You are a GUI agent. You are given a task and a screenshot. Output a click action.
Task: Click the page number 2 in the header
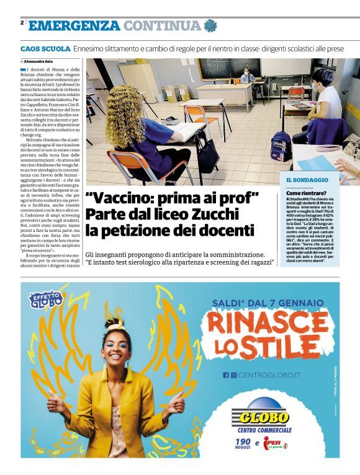(x=22, y=23)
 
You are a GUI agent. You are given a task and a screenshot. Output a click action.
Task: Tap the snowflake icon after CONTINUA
(x=211, y=26)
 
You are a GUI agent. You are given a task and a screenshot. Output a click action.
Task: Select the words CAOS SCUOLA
(x=45, y=48)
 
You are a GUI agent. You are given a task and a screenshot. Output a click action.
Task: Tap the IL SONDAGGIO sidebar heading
(x=307, y=180)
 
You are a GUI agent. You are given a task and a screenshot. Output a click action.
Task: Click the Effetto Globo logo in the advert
(x=46, y=299)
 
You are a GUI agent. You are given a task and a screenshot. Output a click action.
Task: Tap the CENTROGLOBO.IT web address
(x=269, y=375)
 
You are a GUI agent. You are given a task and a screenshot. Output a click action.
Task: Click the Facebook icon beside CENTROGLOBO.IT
(x=226, y=375)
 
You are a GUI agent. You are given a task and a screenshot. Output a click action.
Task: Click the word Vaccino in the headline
(x=123, y=199)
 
